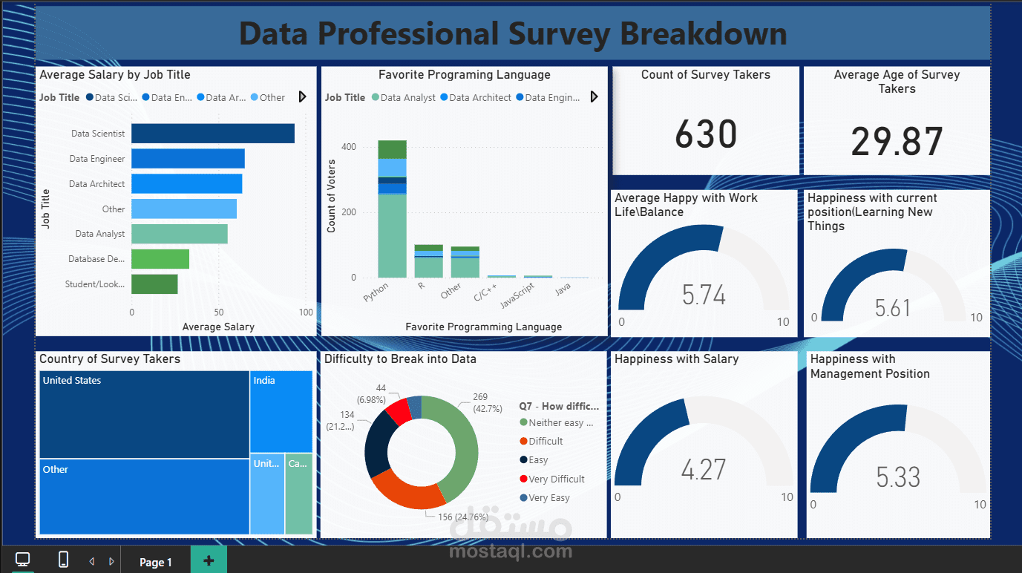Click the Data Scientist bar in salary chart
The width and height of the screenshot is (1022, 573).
tap(212, 134)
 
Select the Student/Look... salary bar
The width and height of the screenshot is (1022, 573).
tap(154, 284)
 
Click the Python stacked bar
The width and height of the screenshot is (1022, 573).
tap(392, 223)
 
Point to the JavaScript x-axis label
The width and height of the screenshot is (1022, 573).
tap(517, 296)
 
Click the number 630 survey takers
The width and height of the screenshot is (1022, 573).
tap(706, 134)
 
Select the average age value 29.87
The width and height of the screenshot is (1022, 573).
tap(897, 142)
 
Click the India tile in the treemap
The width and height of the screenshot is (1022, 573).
tap(281, 410)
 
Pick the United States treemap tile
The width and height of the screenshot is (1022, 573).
tap(144, 414)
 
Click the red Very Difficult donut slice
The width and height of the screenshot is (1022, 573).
tap(398, 411)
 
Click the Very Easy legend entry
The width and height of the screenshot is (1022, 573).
tap(549, 498)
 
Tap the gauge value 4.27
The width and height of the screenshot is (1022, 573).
tap(703, 470)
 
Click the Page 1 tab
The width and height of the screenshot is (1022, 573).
tap(156, 562)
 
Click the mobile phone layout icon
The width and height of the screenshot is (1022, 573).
tap(63, 560)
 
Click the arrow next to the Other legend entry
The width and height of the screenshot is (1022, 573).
tap(302, 97)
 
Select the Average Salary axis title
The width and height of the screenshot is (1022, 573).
tap(218, 327)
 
